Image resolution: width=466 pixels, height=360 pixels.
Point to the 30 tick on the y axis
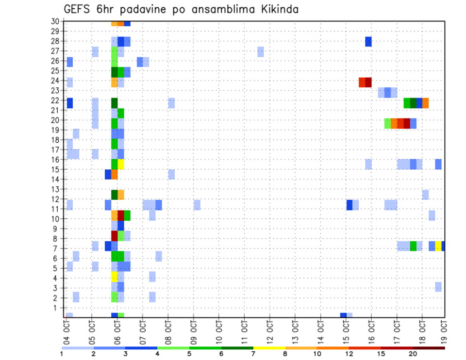[55, 21]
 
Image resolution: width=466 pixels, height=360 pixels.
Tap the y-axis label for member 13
[55, 189]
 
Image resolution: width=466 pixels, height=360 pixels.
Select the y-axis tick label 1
[56, 308]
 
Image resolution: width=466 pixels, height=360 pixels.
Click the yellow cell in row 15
[121, 164]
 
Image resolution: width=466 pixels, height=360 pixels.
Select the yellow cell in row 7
[438, 246]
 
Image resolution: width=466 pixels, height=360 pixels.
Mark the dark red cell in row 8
[115, 236]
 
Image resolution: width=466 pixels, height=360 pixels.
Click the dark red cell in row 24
[368, 82]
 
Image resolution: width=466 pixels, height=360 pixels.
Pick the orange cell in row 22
[425, 103]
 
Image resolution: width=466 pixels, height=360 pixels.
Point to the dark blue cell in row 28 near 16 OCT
[368, 42]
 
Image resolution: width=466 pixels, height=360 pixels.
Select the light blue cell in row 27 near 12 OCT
[261, 51]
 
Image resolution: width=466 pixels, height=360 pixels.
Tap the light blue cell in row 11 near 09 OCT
[197, 205]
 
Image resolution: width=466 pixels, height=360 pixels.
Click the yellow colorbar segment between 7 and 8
[269, 348]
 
